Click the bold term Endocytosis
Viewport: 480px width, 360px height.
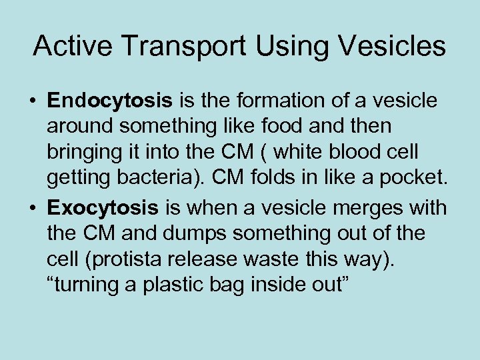(x=109, y=101)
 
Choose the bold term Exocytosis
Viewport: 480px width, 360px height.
(x=103, y=208)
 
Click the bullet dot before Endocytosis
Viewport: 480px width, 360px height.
(x=32, y=102)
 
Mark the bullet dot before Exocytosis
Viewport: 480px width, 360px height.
(x=32, y=209)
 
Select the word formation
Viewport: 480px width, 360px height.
(x=269, y=101)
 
